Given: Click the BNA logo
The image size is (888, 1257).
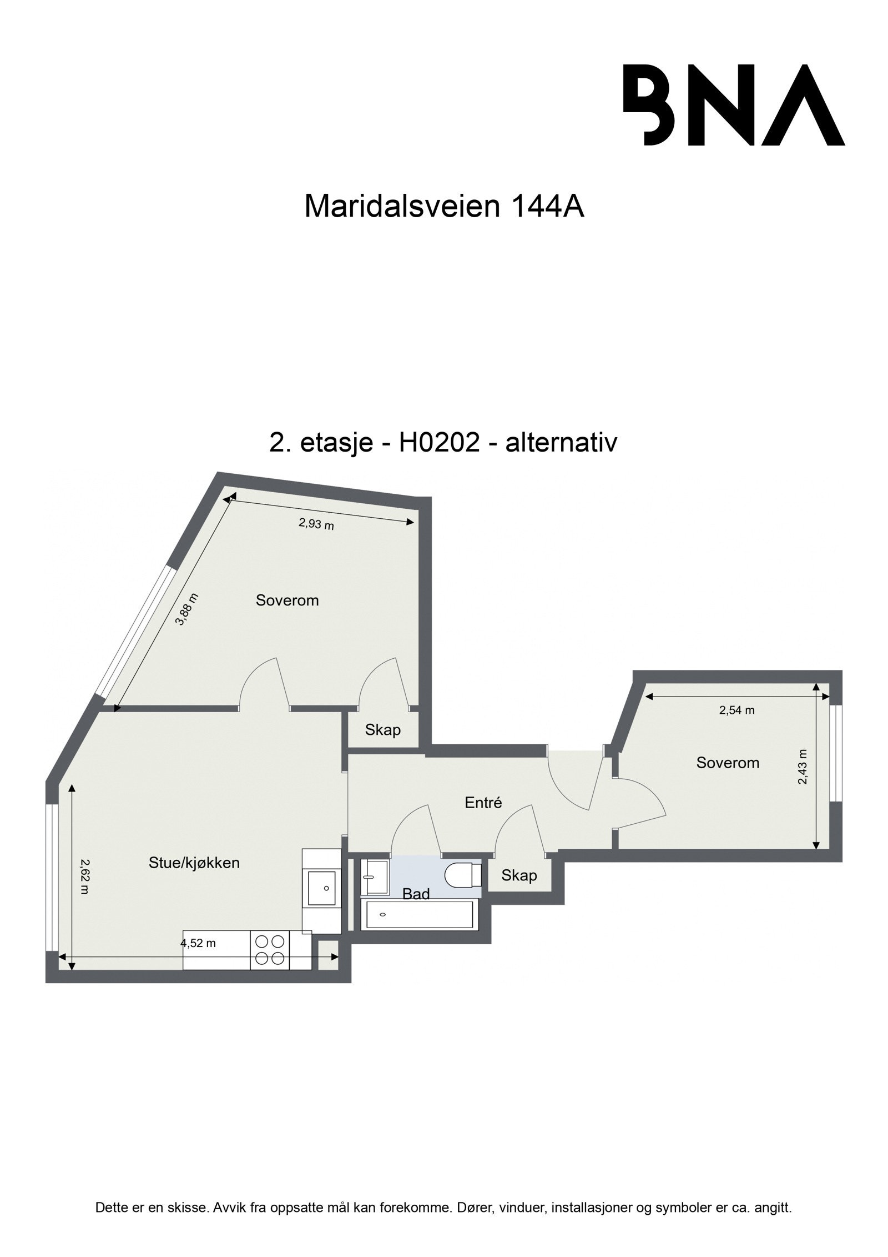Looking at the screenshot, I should [733, 105].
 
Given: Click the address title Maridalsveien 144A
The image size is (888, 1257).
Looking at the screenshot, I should [444, 207].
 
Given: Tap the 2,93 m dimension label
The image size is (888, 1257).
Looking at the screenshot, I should [316, 523].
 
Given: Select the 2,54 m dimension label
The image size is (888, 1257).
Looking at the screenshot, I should [736, 710].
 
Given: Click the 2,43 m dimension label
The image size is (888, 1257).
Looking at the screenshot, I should [803, 767].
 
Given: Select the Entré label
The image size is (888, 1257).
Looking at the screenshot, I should [483, 802].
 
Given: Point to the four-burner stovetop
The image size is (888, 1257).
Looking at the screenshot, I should [271, 950].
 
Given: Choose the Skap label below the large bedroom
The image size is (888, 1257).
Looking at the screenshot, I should [382, 729].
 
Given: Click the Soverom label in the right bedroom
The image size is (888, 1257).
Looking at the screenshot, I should [727, 763].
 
